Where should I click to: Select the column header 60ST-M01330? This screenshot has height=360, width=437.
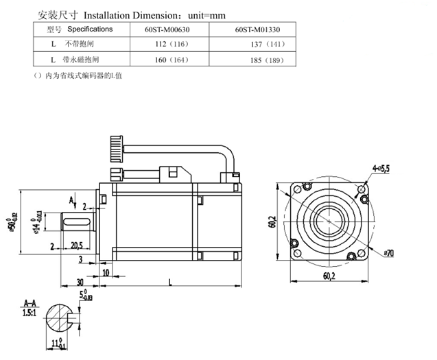coord(257,30)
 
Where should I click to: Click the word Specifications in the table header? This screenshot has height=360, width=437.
coord(90,29)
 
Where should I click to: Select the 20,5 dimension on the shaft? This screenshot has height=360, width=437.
coord(77,245)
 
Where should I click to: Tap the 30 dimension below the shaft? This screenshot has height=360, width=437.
coord(80,281)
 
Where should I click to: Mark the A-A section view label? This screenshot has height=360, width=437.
coord(29,302)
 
